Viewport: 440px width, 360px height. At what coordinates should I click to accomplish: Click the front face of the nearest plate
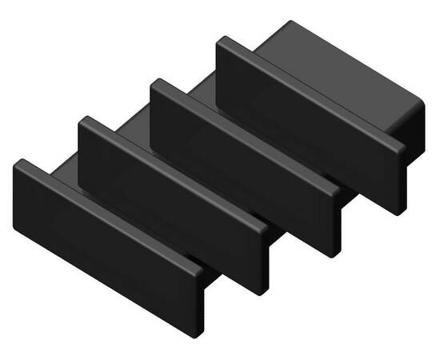click(100, 240)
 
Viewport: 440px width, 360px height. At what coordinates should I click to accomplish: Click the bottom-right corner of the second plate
click(261, 293)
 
